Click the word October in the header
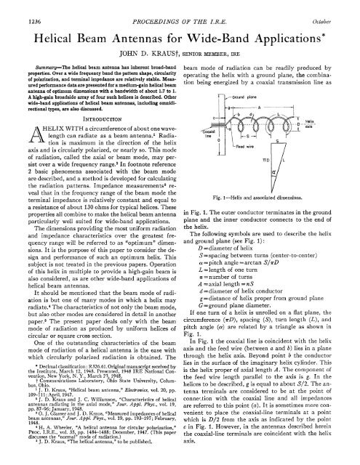(x=333, y=8)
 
